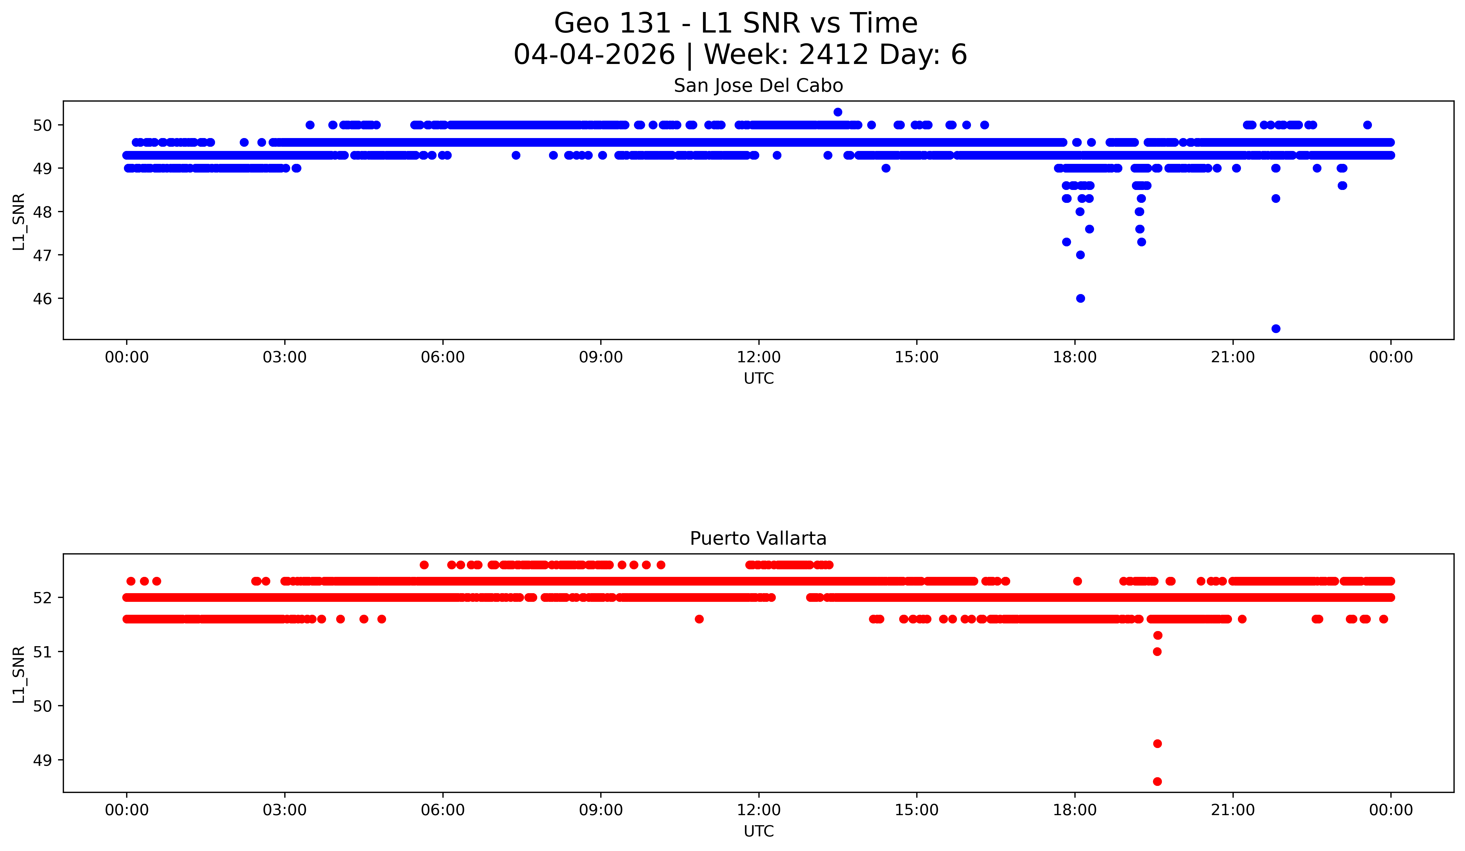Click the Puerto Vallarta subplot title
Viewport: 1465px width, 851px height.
[x=758, y=539]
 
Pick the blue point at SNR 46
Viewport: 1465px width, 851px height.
[x=1080, y=299]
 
